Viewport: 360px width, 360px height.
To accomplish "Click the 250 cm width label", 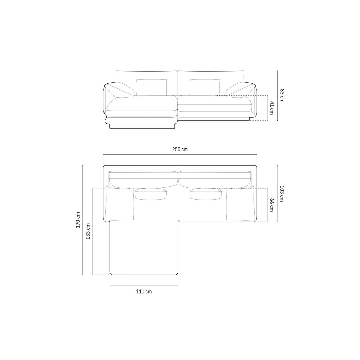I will point(180,149).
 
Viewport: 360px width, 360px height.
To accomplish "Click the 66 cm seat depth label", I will point(272,205).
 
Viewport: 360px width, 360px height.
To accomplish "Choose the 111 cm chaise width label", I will point(144,291).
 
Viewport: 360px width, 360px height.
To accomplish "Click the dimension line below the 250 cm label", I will point(180,154).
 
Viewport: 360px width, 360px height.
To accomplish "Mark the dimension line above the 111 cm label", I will point(144,286).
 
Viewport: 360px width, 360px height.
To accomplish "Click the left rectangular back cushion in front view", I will point(152,87).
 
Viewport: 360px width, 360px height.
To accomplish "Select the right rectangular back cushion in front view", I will point(205,87).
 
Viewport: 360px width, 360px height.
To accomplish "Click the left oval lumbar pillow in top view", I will point(151,194).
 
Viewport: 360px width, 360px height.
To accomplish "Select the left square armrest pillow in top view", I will point(120,203).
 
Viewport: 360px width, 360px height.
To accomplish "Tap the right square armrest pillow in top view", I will point(240,204).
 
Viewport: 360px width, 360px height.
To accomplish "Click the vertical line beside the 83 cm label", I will point(277,96).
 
